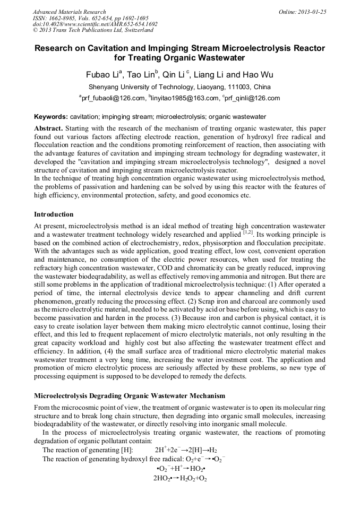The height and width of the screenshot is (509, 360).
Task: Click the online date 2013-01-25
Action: click(311, 12)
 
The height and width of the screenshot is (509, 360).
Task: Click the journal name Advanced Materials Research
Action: click(69, 12)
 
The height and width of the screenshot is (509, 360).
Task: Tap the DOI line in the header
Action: click(95, 24)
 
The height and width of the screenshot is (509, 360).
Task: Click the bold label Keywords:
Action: click(51, 116)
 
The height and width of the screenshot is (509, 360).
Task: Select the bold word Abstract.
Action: click(48, 128)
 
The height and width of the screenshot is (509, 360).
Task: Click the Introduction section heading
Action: click(54, 214)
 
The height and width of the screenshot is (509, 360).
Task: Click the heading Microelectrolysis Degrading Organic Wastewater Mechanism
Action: click(130, 396)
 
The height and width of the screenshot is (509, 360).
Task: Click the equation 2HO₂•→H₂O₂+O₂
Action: click(179, 478)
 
